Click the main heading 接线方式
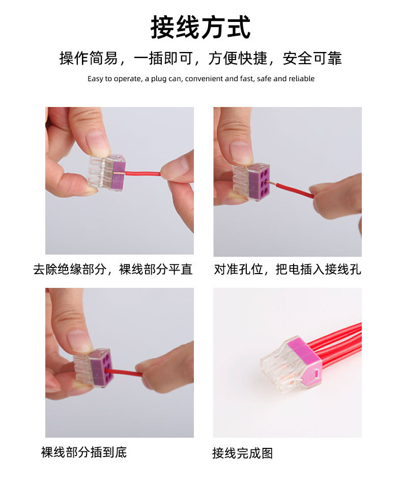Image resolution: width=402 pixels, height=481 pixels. click(x=200, y=28)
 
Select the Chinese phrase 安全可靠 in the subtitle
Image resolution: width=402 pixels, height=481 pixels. click(x=312, y=59)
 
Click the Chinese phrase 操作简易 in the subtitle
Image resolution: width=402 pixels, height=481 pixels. click(x=89, y=59)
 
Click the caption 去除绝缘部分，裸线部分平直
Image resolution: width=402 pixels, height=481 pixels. click(x=113, y=270)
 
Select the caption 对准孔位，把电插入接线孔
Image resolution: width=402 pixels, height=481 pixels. click(x=288, y=270)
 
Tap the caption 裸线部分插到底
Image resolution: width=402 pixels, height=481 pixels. click(x=84, y=451)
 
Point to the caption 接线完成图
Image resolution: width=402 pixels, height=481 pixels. click(x=242, y=453)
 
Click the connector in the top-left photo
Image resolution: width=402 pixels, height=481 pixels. click(x=107, y=172)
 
